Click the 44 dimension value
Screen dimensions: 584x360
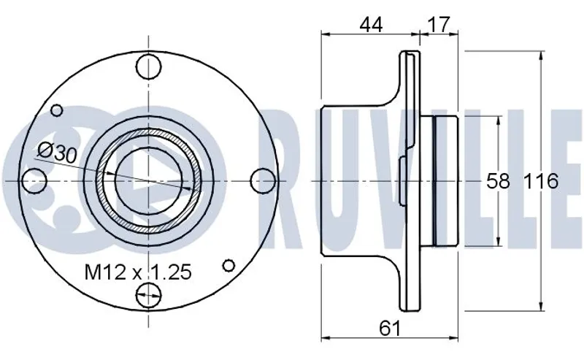(x=371, y=25)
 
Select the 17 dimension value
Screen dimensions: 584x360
(x=439, y=25)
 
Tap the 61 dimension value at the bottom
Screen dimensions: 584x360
(x=390, y=329)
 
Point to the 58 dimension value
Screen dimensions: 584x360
(x=498, y=182)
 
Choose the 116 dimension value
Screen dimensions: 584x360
(x=541, y=182)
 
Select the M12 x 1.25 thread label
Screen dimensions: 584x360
(x=138, y=272)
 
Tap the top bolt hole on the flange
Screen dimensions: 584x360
(x=149, y=66)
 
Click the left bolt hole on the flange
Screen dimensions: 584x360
(x=34, y=181)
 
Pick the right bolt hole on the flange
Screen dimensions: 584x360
(x=264, y=181)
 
